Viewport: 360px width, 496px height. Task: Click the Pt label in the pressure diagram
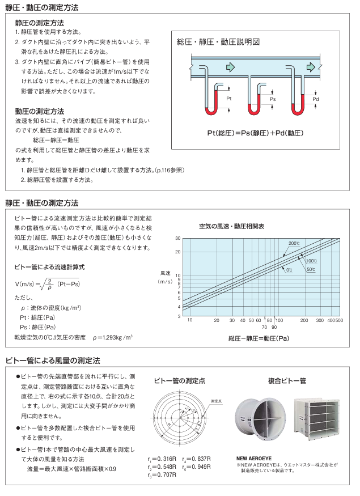click(x=229, y=99)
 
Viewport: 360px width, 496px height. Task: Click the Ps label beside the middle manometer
click(x=272, y=99)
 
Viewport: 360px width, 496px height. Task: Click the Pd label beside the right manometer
click(x=316, y=99)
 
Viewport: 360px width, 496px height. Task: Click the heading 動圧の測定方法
click(x=39, y=111)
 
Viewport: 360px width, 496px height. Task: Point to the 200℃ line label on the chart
click(x=294, y=243)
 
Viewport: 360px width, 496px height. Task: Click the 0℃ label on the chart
click(x=289, y=270)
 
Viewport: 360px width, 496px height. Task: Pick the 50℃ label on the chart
click(x=311, y=269)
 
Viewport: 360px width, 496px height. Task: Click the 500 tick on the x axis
click(x=339, y=321)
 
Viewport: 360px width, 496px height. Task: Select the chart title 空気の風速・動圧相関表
click(x=231, y=226)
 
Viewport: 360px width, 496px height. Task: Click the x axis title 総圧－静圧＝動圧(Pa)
click(x=259, y=339)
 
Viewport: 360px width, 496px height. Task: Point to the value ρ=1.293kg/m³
click(x=113, y=337)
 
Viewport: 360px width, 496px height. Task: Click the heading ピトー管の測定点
click(x=178, y=380)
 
